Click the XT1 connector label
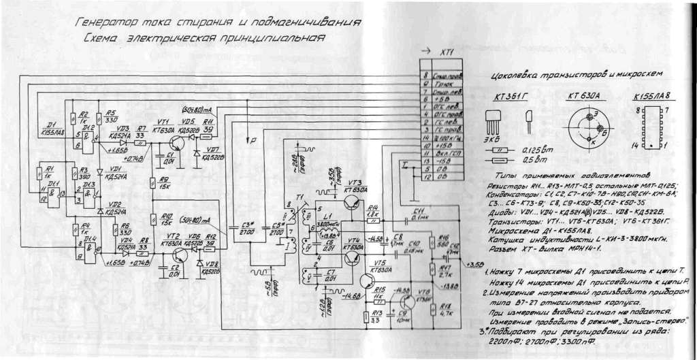click(447, 52)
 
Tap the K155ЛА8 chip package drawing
click(653, 127)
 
